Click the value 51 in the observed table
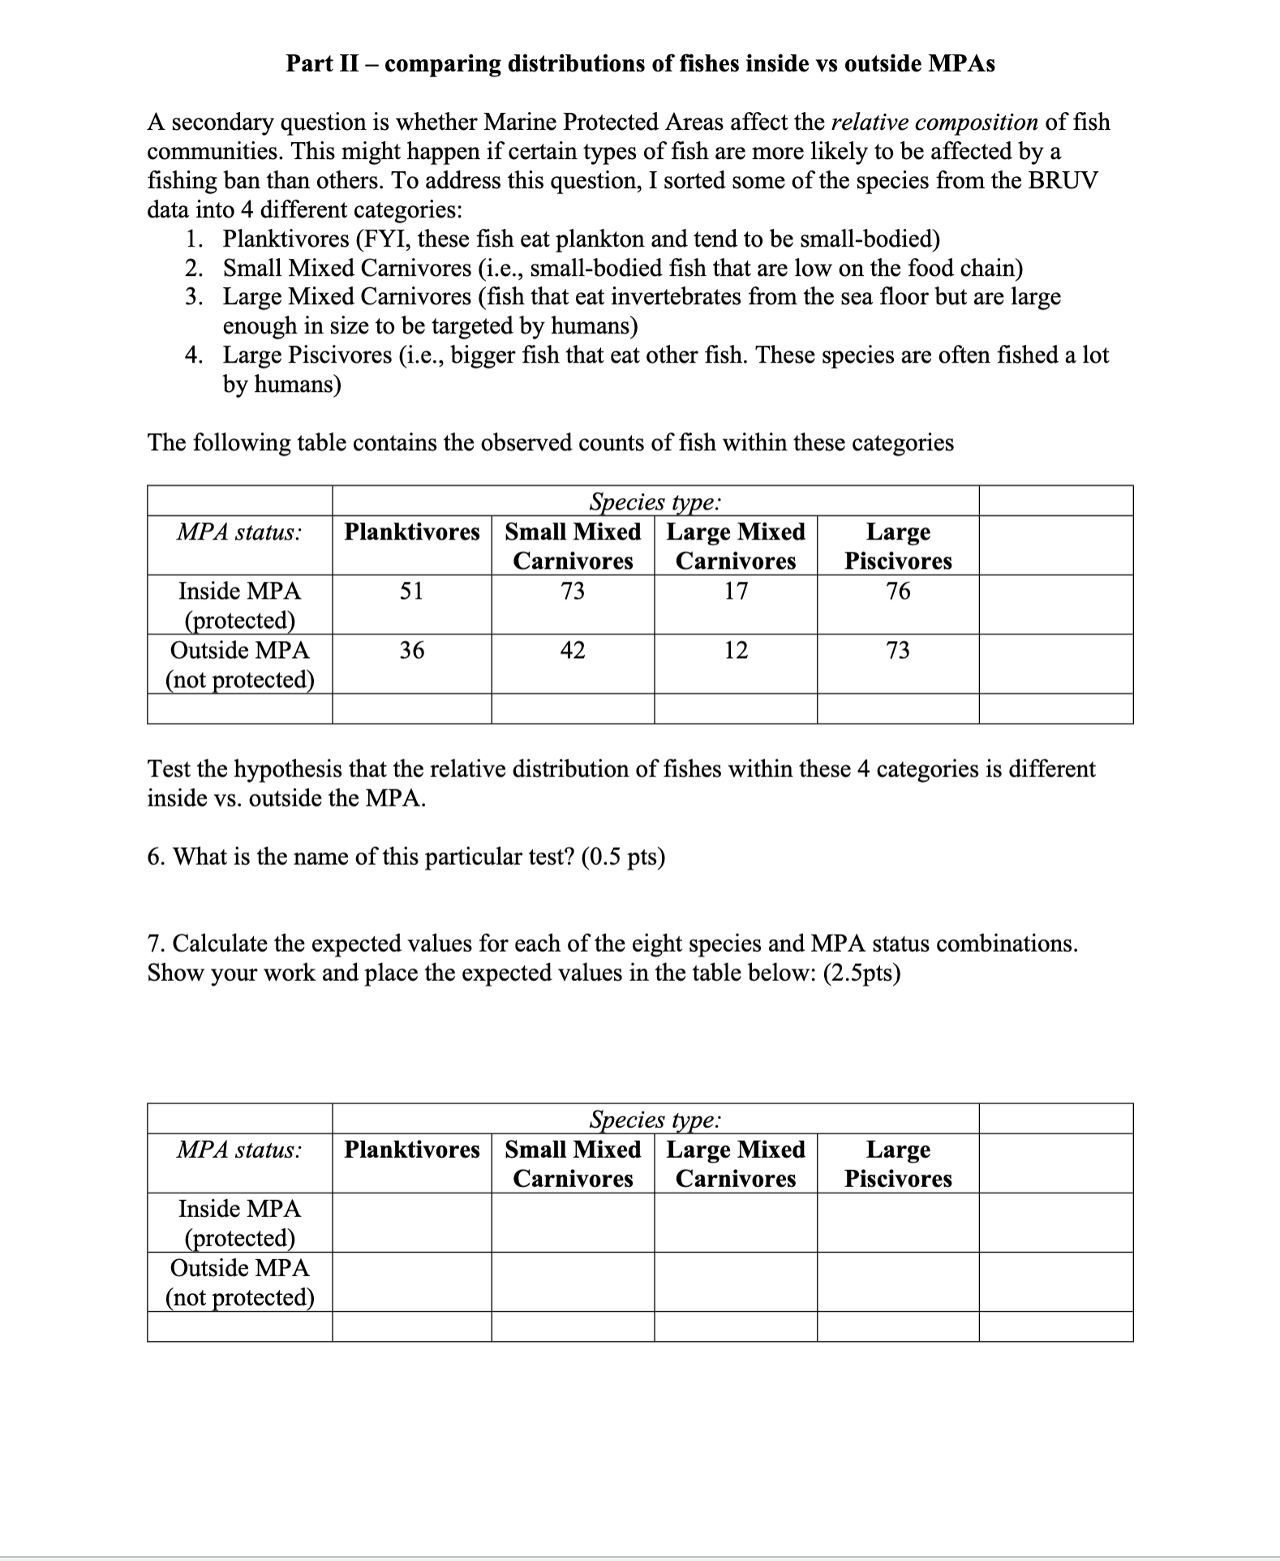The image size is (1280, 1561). pyautogui.click(x=411, y=591)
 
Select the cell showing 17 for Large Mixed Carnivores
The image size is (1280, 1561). pyautogui.click(x=735, y=591)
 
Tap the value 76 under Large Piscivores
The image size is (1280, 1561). pyautogui.click(x=897, y=591)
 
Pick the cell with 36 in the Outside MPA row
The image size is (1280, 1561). pyautogui.click(x=411, y=650)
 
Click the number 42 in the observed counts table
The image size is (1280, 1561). pyautogui.click(x=573, y=650)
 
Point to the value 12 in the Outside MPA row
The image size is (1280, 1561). pyautogui.click(x=735, y=650)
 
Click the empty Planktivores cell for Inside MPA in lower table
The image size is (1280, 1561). pyautogui.click(x=411, y=1222)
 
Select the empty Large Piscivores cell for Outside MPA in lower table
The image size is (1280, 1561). pyautogui.click(x=897, y=1281)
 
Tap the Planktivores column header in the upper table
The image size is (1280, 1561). pyautogui.click(x=411, y=532)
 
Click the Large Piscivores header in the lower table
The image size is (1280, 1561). pyautogui.click(x=897, y=1163)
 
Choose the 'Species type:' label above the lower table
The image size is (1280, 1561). pyautogui.click(x=654, y=1120)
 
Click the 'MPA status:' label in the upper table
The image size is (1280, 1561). pyautogui.click(x=239, y=533)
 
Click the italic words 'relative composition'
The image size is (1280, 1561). pyautogui.click(x=934, y=123)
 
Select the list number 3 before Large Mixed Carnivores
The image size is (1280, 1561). pyautogui.click(x=193, y=297)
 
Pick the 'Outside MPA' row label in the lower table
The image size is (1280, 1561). pyautogui.click(x=239, y=1267)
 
